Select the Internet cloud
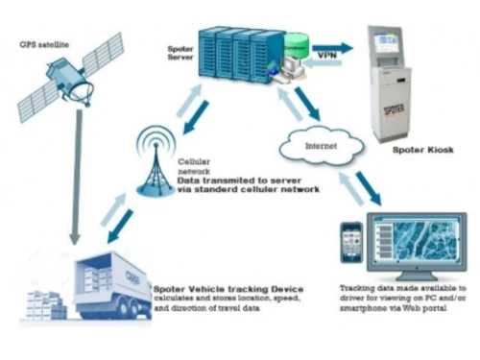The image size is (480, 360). click(319, 147)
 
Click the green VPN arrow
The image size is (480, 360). click(332, 47)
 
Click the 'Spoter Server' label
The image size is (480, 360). click(176, 50)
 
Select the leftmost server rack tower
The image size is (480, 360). click(212, 57)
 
